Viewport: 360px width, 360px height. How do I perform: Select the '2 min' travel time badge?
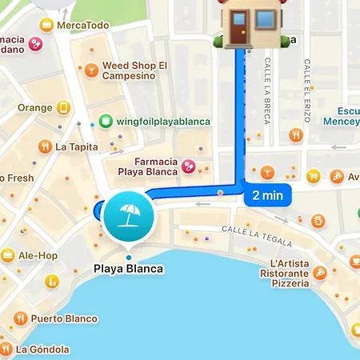pyautogui.click(x=267, y=194)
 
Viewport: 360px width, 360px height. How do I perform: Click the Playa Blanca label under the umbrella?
pyautogui.click(x=128, y=269)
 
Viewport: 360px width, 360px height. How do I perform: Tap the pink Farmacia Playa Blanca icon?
pyautogui.click(x=188, y=166)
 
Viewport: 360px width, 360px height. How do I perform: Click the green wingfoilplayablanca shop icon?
pyautogui.click(x=105, y=122)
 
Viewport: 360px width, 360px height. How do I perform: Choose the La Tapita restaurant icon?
pyautogui.click(x=44, y=146)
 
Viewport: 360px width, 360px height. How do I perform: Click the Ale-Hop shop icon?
pyautogui.click(x=8, y=255)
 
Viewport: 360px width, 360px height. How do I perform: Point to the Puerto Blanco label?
pyautogui.click(x=64, y=318)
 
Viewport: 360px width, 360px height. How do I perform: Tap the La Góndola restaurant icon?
pyautogui.click(x=6, y=349)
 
